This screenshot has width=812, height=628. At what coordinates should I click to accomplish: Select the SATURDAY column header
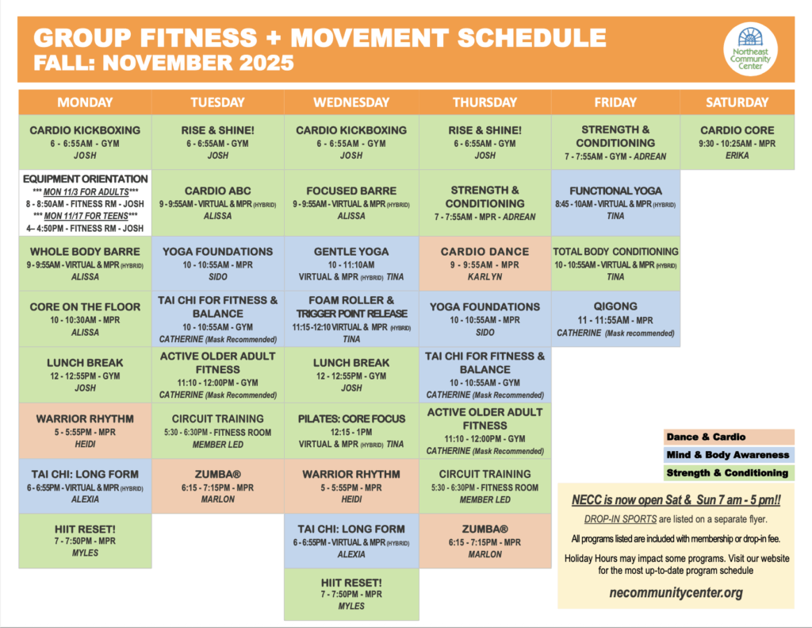(x=737, y=102)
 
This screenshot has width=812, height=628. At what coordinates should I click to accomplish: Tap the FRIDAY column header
(x=615, y=102)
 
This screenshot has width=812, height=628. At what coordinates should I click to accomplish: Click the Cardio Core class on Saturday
(x=737, y=142)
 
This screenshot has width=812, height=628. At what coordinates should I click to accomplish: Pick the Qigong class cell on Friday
(x=615, y=318)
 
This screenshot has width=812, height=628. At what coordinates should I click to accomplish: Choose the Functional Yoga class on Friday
(x=615, y=202)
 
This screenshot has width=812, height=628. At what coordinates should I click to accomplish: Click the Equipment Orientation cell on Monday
(x=85, y=202)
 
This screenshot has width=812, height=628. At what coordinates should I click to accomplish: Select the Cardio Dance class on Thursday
(x=485, y=263)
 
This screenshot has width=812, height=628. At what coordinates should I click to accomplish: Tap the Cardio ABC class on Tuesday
(x=218, y=202)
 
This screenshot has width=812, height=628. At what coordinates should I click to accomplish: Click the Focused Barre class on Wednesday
(x=351, y=202)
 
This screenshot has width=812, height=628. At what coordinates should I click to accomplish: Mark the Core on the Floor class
(x=85, y=318)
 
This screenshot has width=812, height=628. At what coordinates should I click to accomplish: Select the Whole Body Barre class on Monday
(x=85, y=263)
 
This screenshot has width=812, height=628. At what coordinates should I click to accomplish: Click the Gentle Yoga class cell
(x=351, y=263)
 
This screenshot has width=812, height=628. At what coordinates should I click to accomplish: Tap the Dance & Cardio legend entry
(x=727, y=437)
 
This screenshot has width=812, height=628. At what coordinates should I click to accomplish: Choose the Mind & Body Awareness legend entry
(x=727, y=455)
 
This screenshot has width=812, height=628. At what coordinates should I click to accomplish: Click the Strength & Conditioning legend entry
(x=727, y=473)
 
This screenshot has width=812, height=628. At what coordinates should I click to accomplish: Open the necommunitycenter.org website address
(x=676, y=592)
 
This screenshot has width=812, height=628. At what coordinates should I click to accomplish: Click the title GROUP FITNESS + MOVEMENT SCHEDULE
(x=320, y=38)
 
